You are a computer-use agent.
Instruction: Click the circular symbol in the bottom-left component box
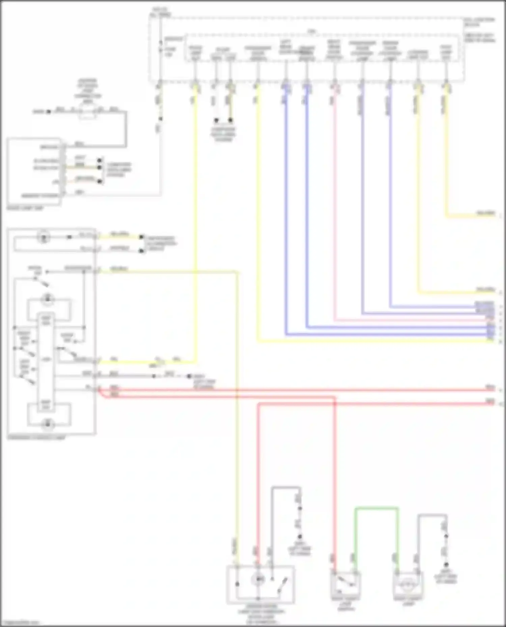(258, 579)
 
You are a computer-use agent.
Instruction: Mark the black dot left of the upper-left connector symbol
(49, 112)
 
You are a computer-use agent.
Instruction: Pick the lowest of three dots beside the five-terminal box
(100, 182)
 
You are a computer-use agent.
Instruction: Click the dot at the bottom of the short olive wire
(230, 120)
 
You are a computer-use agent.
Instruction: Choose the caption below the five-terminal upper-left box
(25, 208)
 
